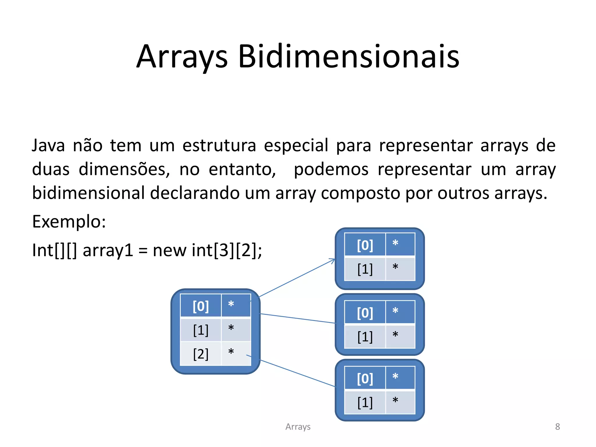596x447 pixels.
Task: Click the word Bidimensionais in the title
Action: (349, 56)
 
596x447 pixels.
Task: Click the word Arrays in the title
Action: (182, 56)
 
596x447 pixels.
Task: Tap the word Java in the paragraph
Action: (48, 145)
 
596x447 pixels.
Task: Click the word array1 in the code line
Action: (108, 250)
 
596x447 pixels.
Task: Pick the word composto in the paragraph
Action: (361, 193)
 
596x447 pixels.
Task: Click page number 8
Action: (557, 427)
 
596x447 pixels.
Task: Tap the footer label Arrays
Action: (298, 427)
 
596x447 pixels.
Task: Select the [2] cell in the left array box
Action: (201, 354)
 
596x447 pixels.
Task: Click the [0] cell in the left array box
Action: (201, 306)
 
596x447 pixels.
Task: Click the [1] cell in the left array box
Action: (201, 330)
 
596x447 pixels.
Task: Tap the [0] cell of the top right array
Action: (365, 245)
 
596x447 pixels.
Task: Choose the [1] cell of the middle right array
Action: (365, 337)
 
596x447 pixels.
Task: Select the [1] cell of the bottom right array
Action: (365, 402)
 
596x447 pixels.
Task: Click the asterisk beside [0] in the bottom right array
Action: (395, 377)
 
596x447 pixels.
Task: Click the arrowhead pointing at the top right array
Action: (332, 260)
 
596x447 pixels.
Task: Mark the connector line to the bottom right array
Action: (297, 373)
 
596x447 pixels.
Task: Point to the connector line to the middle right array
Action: (297, 318)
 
